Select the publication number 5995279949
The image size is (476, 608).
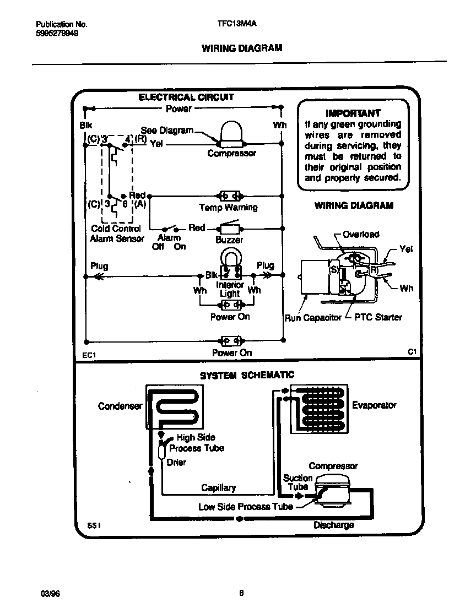[57, 33]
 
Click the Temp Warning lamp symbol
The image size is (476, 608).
[229, 196]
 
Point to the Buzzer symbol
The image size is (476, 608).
[229, 228]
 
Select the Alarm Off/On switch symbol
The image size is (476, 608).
[170, 227]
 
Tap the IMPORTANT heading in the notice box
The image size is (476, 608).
[353, 113]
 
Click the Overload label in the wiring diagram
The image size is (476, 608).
[361, 234]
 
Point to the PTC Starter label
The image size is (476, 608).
[378, 317]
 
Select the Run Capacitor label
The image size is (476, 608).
[313, 318]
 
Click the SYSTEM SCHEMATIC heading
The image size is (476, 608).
[247, 375]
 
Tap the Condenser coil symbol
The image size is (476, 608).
[172, 406]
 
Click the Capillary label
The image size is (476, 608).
[218, 487]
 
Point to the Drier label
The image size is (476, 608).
[176, 462]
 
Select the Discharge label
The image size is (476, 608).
[333, 525]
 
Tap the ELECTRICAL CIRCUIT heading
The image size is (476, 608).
[186, 97]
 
